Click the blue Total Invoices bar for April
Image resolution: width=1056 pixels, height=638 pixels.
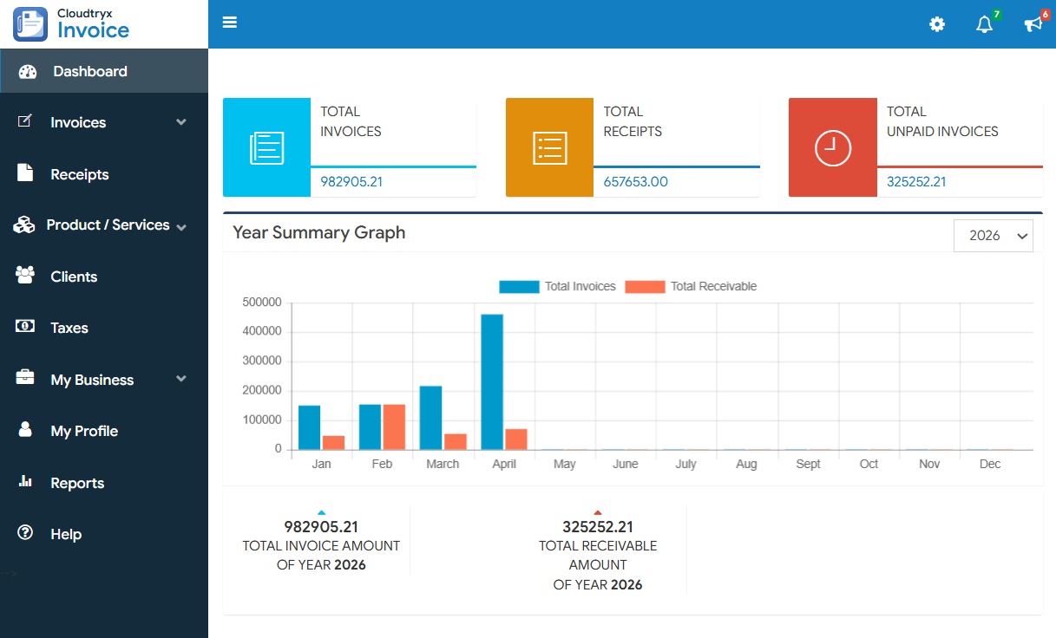492,381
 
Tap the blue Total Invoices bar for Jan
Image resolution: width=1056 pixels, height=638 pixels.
309,427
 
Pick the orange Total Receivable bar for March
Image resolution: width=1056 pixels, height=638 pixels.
456,441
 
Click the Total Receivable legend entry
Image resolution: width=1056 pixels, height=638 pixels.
691,286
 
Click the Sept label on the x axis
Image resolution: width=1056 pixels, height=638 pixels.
808,464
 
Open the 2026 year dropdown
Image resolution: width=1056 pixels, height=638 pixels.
993,236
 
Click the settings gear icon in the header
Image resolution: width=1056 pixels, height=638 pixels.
937,24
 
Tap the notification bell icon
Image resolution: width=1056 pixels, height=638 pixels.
984,24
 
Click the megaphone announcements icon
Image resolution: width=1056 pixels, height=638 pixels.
1033,24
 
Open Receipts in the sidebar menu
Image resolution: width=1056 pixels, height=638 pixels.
80,174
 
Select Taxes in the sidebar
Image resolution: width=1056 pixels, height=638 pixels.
69,328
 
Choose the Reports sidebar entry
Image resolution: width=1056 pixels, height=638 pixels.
77,483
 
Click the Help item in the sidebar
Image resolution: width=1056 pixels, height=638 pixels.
66,534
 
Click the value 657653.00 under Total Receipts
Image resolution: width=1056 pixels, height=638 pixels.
635,182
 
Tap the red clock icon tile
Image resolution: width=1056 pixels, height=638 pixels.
832,147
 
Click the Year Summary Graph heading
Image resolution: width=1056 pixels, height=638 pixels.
318,232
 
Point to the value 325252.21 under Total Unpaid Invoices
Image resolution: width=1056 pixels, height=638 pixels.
916,182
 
